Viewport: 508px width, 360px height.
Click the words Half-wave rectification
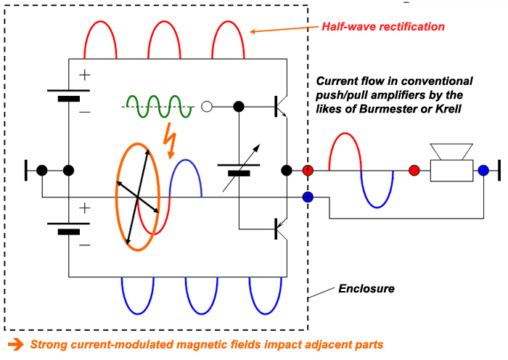point(383,27)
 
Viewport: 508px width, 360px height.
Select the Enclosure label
point(366,289)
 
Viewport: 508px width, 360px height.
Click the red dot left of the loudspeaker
point(414,171)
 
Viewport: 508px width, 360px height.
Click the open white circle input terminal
point(207,107)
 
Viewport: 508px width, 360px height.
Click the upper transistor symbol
point(282,107)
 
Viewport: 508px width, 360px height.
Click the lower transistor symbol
point(282,229)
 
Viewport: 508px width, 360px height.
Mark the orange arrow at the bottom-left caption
point(14,343)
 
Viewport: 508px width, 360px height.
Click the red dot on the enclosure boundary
point(308,171)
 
